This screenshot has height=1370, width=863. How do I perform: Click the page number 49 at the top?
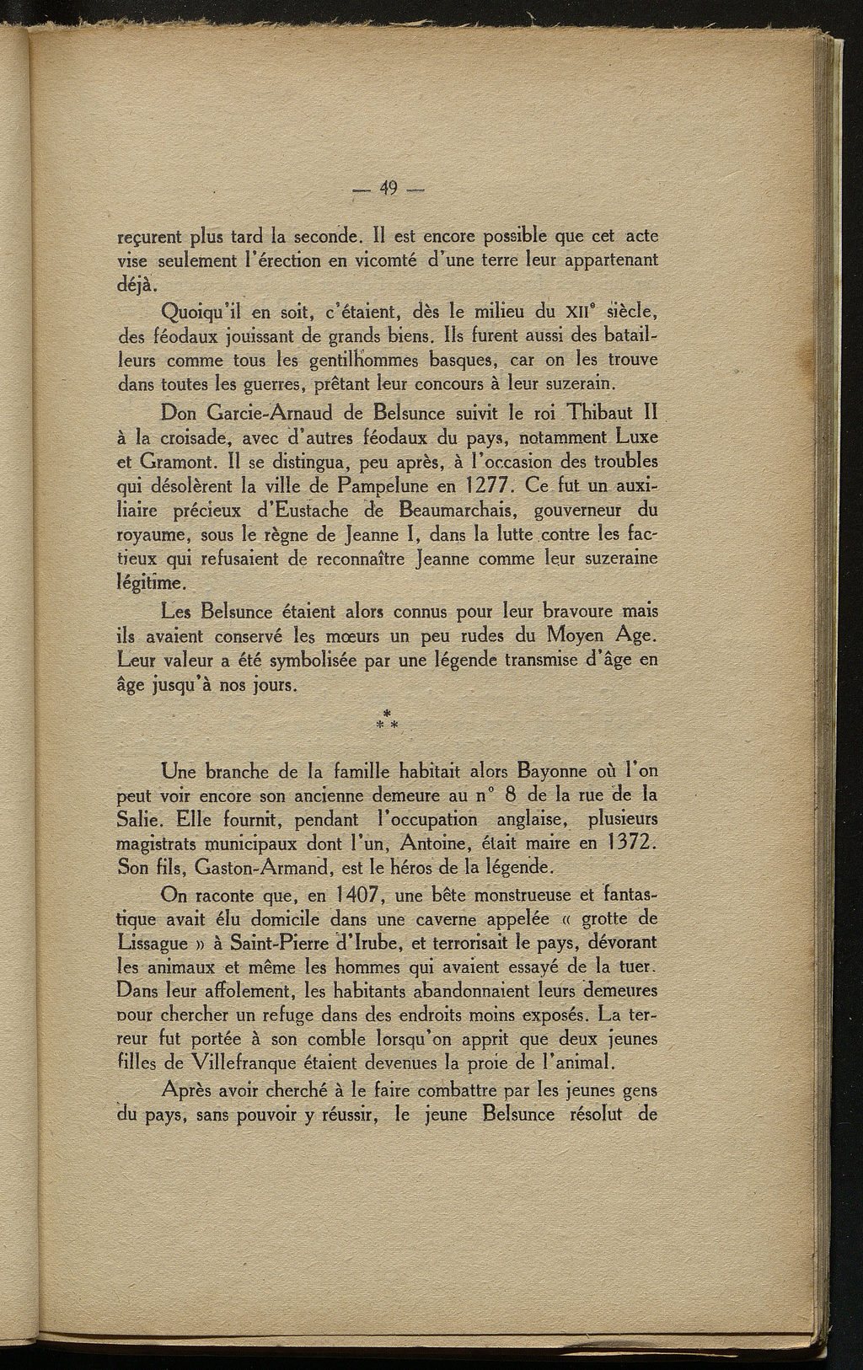pyautogui.click(x=389, y=189)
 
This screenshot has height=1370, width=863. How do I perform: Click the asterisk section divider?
pyautogui.click(x=388, y=720)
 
